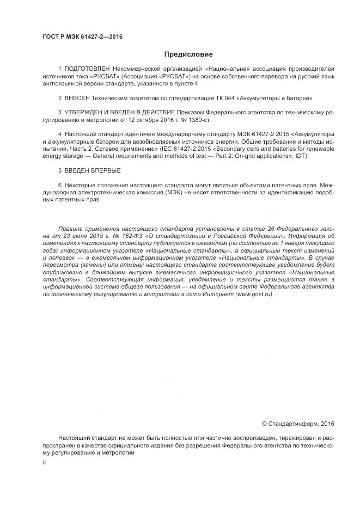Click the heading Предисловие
[x=189, y=54]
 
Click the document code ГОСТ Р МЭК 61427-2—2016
[x=82, y=37]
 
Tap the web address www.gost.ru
[x=254, y=293]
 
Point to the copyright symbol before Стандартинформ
[x=265, y=424]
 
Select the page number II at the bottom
[x=44, y=462]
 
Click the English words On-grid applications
[x=261, y=156]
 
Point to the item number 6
[x=59, y=185]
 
